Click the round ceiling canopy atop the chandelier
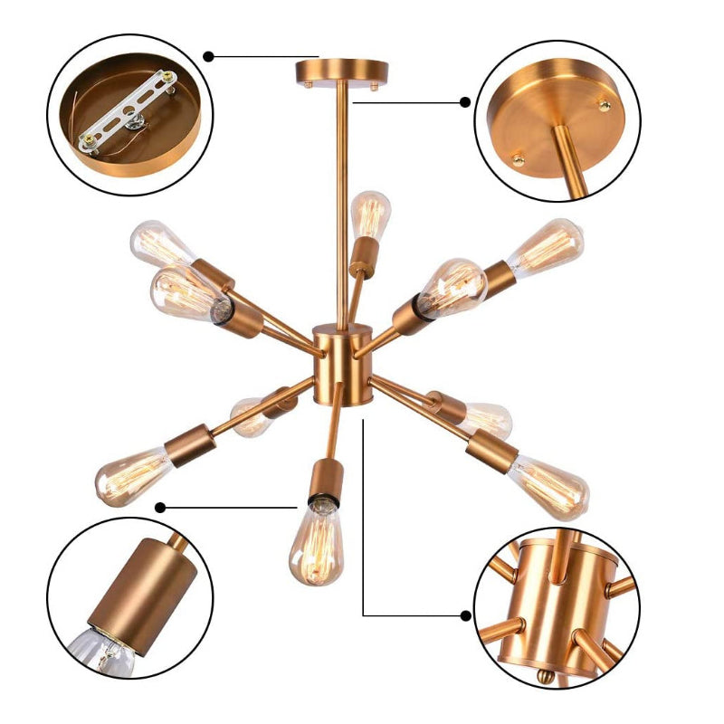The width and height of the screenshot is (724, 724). pos(341,70)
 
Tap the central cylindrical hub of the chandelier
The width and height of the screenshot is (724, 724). pos(343,367)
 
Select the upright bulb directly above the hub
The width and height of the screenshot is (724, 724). pos(369,215)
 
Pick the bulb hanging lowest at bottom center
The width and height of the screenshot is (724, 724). pos(316,543)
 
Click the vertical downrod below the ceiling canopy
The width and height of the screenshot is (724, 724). pos(342,199)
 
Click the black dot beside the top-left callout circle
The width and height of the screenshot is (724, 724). pos(208,56)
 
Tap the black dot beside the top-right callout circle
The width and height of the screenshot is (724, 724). pos(465,102)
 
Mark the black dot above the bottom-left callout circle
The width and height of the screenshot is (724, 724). pos(160,507)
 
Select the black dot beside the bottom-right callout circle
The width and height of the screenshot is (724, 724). pos(465,615)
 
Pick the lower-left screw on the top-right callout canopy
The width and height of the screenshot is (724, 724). pos(519,159)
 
